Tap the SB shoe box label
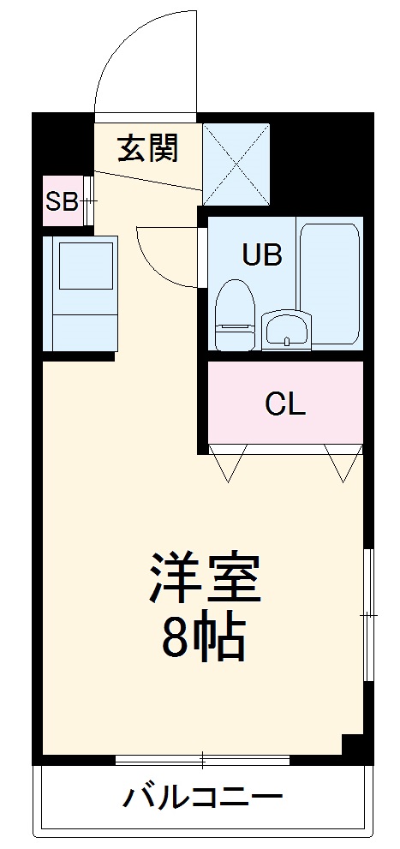(61, 201)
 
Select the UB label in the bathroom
(261, 255)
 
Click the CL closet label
(284, 404)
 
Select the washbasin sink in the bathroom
(286, 330)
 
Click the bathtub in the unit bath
(330, 283)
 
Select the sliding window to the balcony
(202, 759)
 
